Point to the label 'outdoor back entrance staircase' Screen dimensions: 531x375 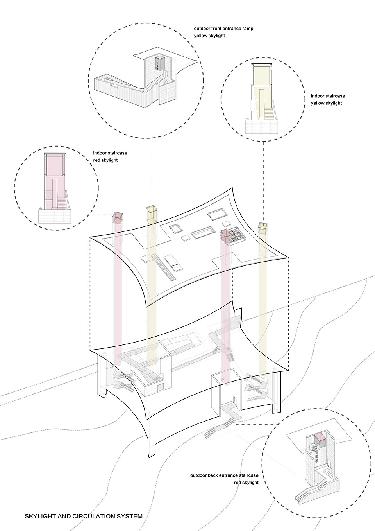click(224, 475)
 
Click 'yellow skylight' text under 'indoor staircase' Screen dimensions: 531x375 click(326, 103)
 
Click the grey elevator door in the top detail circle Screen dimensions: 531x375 click(159, 62)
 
